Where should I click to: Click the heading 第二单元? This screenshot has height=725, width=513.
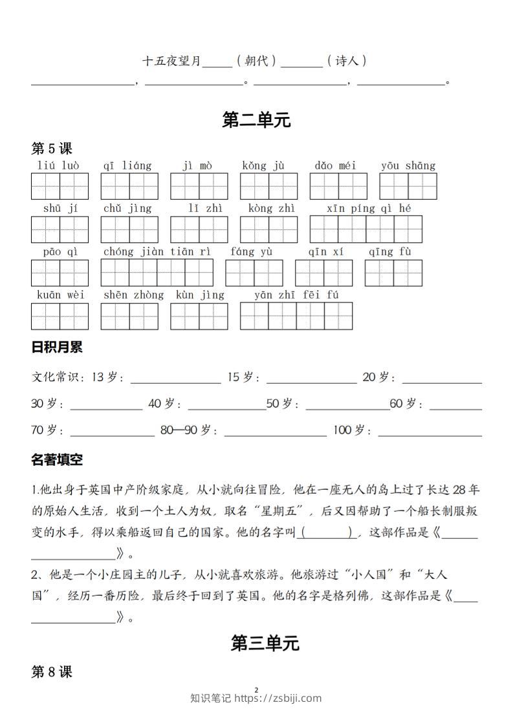coord(256,120)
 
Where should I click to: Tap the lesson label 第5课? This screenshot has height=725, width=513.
coord(52,149)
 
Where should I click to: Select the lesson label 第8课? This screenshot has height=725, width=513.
coord(52,672)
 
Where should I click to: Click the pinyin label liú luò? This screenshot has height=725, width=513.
coord(59,165)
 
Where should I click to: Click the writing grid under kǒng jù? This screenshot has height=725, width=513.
coord(268,186)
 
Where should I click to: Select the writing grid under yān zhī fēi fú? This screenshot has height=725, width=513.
coord(296,316)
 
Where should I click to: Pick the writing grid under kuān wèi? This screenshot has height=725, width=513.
coord(60,316)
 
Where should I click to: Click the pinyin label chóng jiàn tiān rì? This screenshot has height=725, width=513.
coord(157,251)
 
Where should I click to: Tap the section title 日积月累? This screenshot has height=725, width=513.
coord(57,348)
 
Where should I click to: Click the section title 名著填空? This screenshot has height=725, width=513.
coord(57,460)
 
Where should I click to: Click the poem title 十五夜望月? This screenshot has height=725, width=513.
coord(171,61)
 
